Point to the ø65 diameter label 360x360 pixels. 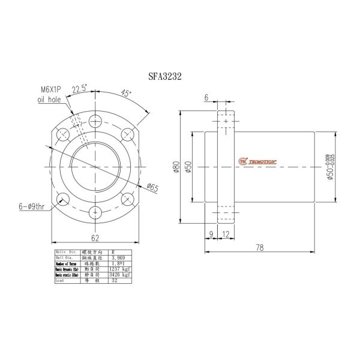coord(151,188)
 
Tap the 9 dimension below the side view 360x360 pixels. coord(211,235)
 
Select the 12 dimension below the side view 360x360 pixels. coord(224,235)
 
